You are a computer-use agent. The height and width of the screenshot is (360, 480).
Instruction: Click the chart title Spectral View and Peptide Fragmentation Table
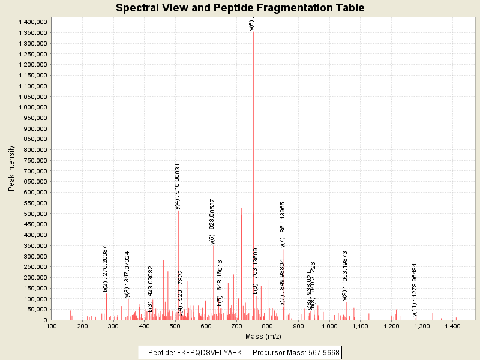pyautogui.click(x=240, y=8)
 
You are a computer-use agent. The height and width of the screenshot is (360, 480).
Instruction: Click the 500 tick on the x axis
pyautogui.click(x=175, y=326)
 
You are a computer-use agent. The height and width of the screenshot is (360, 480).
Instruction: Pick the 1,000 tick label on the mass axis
pyautogui.click(x=329, y=326)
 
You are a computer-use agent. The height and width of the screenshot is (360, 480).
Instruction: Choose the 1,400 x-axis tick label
pyautogui.click(x=452, y=326)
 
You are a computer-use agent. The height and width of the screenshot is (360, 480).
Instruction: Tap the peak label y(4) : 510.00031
pyautogui.click(x=178, y=186)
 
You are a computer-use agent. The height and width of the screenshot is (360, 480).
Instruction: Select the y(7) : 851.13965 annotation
pyautogui.click(x=283, y=224)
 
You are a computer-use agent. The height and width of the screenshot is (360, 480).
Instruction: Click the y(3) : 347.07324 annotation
pyautogui.click(x=127, y=274)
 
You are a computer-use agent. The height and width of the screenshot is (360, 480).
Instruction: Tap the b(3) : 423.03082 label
pyautogui.click(x=151, y=289)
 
